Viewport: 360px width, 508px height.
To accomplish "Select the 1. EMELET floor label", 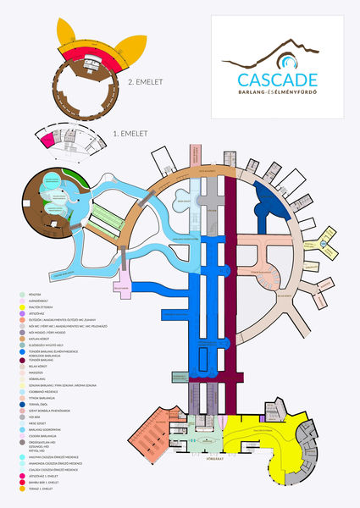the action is click(x=131, y=134).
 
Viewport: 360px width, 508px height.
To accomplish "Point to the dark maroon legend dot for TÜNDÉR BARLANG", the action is click(x=19, y=360).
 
